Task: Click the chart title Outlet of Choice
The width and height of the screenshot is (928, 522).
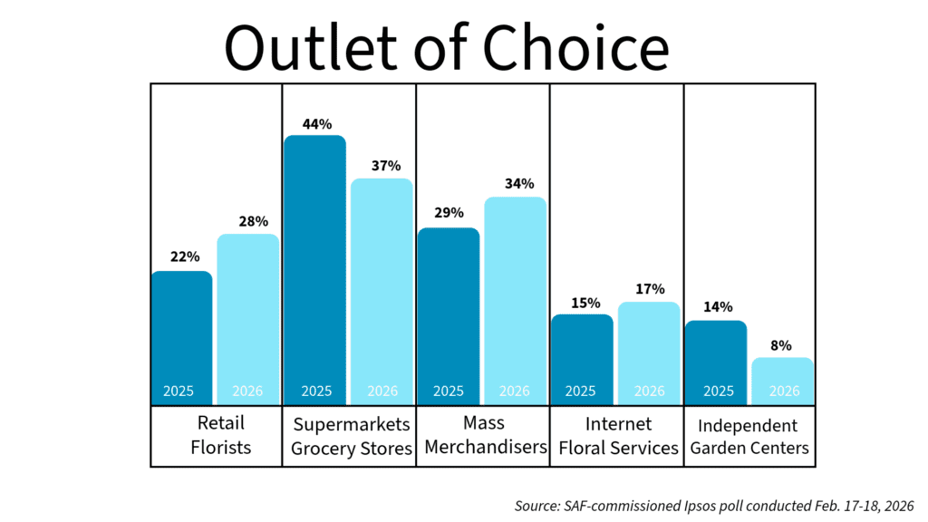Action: click(446, 47)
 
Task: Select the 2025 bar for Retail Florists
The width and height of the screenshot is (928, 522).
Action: click(182, 335)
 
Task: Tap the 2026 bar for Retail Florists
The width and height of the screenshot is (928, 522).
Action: click(247, 317)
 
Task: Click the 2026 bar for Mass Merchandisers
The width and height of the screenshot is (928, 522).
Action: click(515, 299)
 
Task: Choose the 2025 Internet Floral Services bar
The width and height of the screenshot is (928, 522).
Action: click(582, 358)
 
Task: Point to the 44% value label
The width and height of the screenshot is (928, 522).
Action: click(316, 124)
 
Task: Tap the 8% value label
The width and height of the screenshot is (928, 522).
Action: click(781, 345)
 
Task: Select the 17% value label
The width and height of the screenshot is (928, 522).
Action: click(649, 289)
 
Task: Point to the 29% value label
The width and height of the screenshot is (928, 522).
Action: click(449, 213)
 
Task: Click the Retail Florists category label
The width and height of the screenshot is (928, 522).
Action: click(221, 435)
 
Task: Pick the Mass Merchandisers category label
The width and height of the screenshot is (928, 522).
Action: click(485, 435)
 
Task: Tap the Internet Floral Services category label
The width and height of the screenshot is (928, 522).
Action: click(618, 436)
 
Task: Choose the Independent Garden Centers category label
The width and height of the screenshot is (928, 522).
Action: click(748, 437)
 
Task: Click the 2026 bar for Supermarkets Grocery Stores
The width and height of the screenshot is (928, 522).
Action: click(382, 290)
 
